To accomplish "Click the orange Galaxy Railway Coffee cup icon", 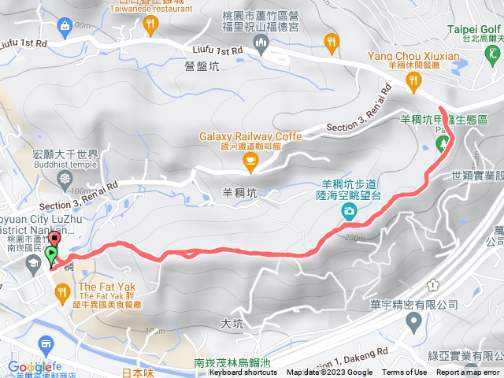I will pyautogui.click(x=250, y=162).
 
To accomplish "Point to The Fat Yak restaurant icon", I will pyautogui.click(x=61, y=293).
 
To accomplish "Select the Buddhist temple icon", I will pyautogui.click(x=65, y=178).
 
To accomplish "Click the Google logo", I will pyautogui.click(x=30, y=367).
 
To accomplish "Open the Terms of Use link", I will pyautogui.click(x=405, y=372).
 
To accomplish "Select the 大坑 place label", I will pyautogui.click(x=232, y=323).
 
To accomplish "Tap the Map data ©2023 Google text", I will pyautogui.click(x=329, y=372).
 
